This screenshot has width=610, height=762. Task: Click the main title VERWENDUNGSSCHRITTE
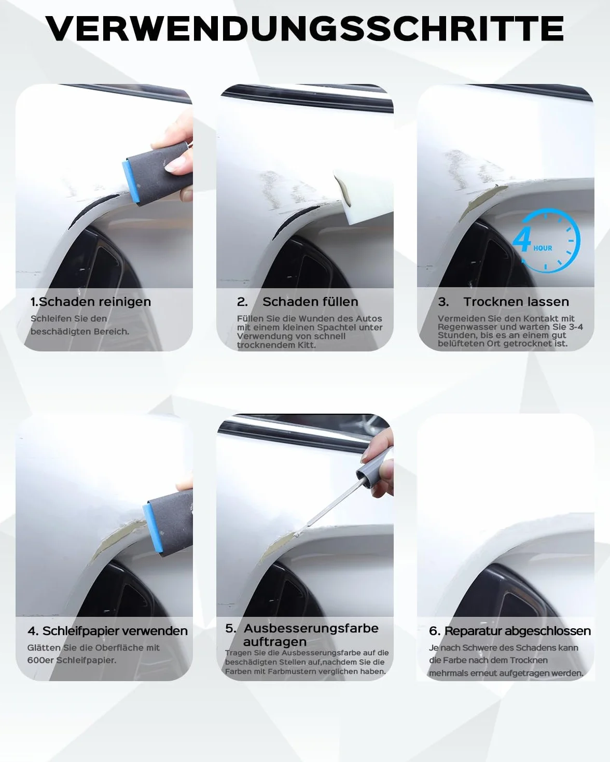pos(304,29)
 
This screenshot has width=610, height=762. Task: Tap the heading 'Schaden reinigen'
pos(95,302)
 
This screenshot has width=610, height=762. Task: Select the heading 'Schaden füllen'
pos(311,302)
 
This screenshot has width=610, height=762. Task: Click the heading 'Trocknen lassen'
pos(516,302)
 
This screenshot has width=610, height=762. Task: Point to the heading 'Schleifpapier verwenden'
pos(115,631)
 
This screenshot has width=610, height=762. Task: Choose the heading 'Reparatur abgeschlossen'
pos(518,631)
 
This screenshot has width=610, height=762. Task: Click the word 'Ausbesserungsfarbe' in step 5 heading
pos(311,628)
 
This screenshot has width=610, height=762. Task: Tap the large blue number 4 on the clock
pos(522,239)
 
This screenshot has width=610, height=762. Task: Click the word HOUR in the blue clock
pos(543,248)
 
